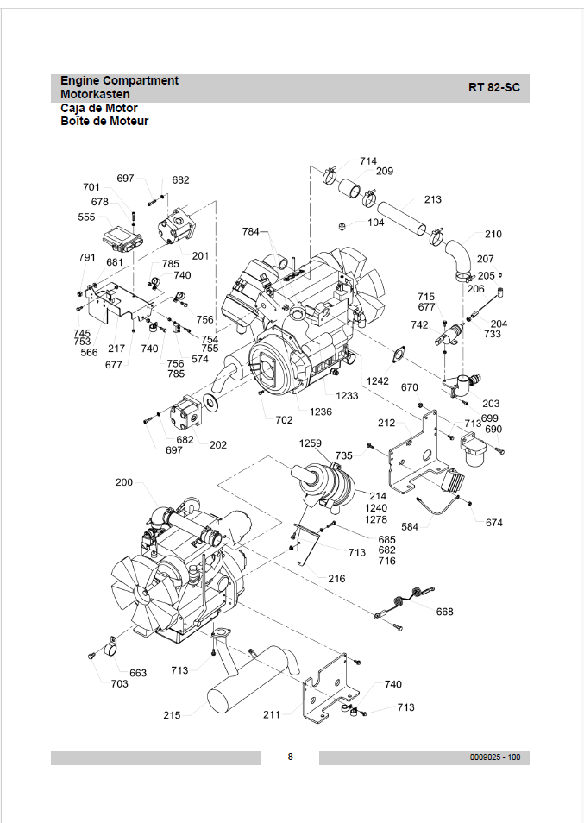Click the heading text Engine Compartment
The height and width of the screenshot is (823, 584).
[x=119, y=81]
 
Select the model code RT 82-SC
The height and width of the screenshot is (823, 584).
[x=493, y=88]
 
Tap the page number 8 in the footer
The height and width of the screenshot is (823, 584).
[x=290, y=757]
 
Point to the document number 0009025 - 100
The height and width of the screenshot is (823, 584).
[x=495, y=757]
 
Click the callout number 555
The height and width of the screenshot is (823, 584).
[x=86, y=217]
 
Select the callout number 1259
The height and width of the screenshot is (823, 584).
[x=310, y=443]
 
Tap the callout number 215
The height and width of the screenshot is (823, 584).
[x=172, y=715]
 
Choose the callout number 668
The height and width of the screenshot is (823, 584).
[x=444, y=612]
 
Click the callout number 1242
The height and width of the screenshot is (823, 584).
[x=378, y=381]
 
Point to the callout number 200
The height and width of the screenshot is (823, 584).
[x=124, y=482]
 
